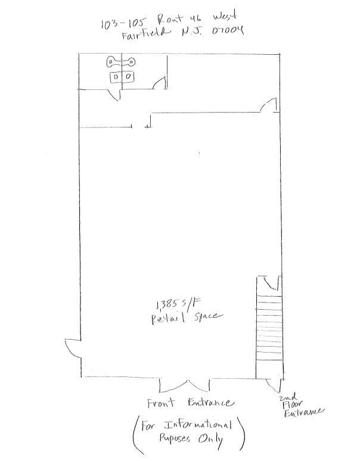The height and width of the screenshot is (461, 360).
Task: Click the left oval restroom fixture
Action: tap(113, 61)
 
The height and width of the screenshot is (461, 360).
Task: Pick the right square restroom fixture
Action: tap(129, 77)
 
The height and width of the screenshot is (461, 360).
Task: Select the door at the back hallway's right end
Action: tap(268, 105)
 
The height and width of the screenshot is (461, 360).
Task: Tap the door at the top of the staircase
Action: tap(270, 282)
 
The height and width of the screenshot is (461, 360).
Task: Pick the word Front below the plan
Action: tap(162, 403)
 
